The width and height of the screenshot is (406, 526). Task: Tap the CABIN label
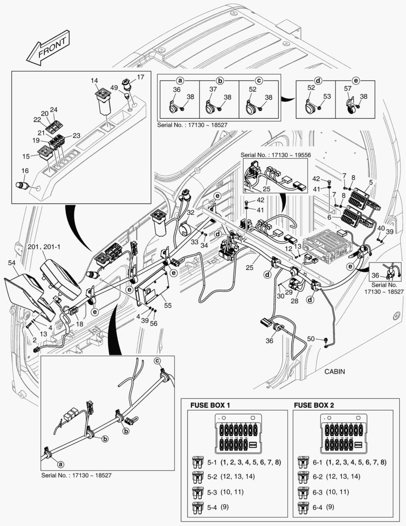pos(334,371)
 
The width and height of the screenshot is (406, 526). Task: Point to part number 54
pos(11,263)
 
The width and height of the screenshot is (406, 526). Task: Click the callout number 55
pos(168,305)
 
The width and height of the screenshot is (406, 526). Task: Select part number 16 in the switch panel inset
pos(25,170)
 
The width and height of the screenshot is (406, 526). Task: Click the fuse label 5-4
pos(212,507)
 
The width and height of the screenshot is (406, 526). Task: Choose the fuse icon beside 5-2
pos(198,476)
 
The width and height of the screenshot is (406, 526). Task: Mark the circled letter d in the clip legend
pos(318,80)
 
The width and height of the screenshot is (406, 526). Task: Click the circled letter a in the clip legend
pos(180,80)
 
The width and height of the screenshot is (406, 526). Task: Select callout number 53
pos(327,97)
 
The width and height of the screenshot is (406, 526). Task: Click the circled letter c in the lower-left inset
pos(157,361)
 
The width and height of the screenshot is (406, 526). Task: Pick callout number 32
pos(191,213)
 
